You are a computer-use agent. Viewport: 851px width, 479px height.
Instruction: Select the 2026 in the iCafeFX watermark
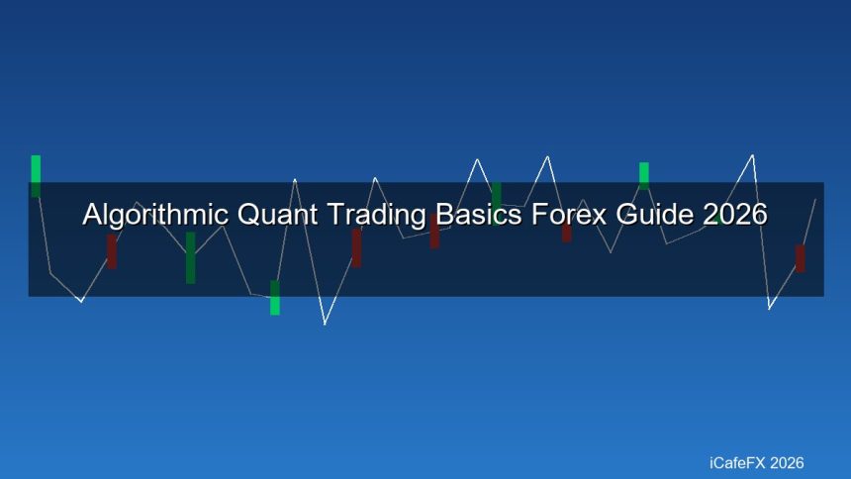787,462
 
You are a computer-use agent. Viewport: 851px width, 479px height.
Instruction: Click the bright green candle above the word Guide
644,173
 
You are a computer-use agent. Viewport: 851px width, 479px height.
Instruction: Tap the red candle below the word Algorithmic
112,250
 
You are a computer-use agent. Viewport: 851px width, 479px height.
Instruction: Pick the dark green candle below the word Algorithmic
190,257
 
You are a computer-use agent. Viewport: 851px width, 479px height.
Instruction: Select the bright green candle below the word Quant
275,298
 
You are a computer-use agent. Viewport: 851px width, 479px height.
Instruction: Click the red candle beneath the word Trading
356,247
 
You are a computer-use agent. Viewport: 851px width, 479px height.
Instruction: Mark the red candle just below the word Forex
566,233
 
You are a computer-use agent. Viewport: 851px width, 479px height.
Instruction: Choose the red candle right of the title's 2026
800,258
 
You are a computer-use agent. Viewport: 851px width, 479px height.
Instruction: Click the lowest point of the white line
325,324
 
